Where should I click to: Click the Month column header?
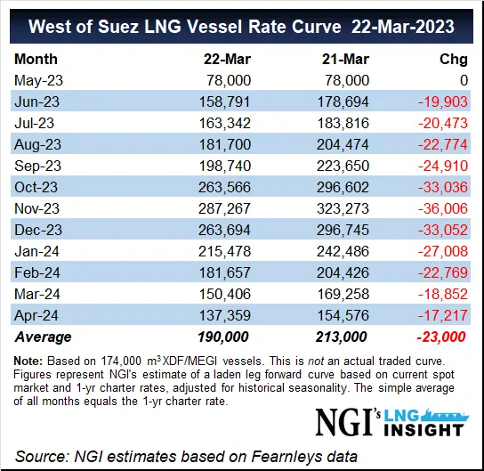coord(36,60)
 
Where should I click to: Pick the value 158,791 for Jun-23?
coord(230,102)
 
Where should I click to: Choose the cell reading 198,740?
coord(230,165)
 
